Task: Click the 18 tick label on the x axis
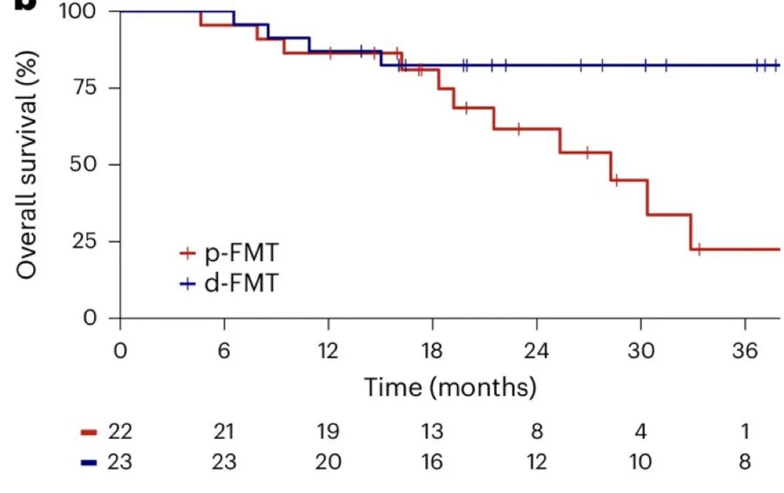pyautogui.click(x=432, y=350)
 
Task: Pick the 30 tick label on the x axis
pyautogui.click(x=640, y=350)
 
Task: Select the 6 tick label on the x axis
pyautogui.click(x=224, y=350)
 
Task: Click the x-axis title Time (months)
pyautogui.click(x=450, y=387)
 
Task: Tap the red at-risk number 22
pyautogui.click(x=119, y=431)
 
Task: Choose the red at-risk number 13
pyautogui.click(x=432, y=431)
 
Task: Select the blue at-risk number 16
pyautogui.click(x=432, y=463)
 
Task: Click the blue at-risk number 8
pyautogui.click(x=744, y=463)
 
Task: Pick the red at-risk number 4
pyautogui.click(x=640, y=431)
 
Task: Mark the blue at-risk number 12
pyautogui.click(x=536, y=463)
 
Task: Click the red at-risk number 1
pyautogui.click(x=745, y=431)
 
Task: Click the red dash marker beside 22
pyautogui.click(x=89, y=431)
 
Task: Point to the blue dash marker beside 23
pyautogui.click(x=89, y=463)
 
